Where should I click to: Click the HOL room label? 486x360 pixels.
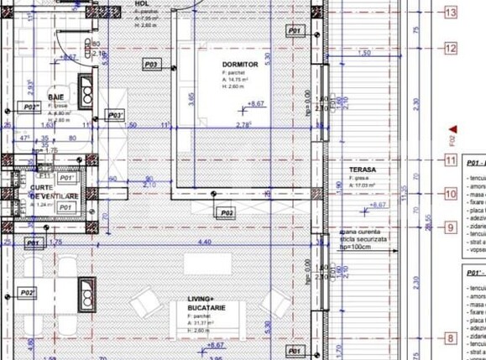click(x=141, y=3)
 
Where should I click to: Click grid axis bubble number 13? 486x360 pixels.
click(x=451, y=13)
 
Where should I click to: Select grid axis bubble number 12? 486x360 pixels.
click(x=451, y=48)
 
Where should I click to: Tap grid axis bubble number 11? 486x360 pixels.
click(x=451, y=161)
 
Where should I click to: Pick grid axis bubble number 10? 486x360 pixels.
click(x=451, y=194)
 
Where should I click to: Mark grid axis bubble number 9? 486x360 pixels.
click(x=451, y=227)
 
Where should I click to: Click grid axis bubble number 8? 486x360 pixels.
click(x=451, y=338)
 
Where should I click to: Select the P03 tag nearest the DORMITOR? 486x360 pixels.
click(x=151, y=64)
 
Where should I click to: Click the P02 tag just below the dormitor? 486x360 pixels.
click(x=226, y=214)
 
